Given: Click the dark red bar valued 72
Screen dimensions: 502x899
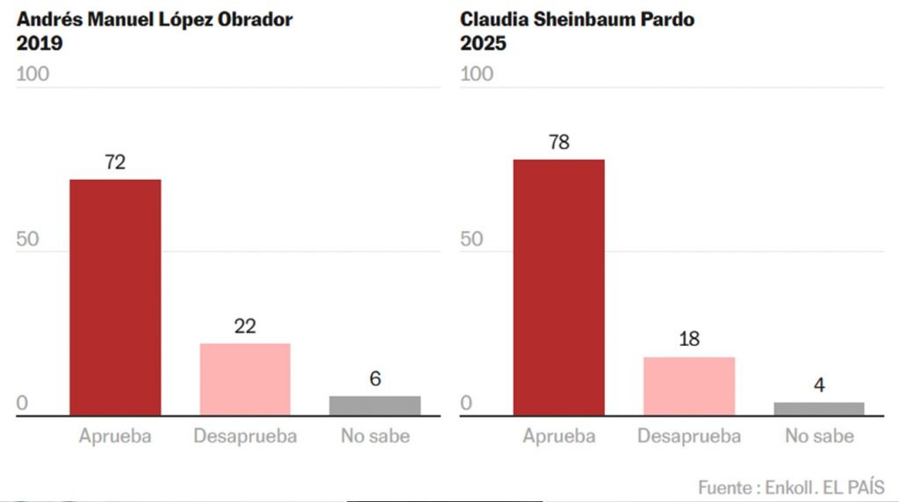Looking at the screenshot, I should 115,297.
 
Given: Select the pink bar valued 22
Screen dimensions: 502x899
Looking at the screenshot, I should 245,379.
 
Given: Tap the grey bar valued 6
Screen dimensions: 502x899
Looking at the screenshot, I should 375,405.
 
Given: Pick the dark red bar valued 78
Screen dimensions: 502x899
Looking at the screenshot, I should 558,287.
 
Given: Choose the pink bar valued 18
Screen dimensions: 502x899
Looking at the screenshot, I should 689,386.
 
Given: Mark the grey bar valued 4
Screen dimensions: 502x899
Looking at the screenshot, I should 819,408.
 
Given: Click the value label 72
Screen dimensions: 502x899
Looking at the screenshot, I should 115,162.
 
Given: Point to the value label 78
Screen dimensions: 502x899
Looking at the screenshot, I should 559,142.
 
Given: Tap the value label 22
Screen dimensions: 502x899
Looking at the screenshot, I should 245,326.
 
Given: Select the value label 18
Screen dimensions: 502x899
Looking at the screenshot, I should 689,340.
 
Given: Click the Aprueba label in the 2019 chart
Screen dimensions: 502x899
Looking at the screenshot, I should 115,436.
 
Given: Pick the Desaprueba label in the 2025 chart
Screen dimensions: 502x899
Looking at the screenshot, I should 689,436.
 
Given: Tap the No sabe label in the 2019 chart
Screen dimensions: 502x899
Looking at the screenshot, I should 375,436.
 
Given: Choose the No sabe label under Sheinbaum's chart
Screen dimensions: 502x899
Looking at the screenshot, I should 819,436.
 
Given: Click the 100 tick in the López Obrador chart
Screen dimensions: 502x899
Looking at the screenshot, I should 33,74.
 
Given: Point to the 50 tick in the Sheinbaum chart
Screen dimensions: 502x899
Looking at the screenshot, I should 472,240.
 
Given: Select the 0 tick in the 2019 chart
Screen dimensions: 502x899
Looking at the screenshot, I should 23,405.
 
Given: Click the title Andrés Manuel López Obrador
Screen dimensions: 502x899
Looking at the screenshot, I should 155,19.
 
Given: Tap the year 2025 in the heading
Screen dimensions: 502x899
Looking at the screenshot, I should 484,42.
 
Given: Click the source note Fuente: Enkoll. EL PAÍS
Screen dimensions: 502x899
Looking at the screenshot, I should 791,487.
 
